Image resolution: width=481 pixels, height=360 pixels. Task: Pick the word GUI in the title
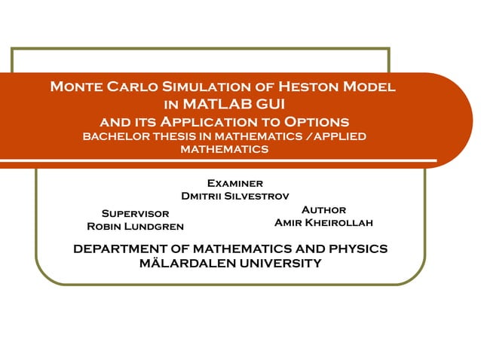click(x=269, y=104)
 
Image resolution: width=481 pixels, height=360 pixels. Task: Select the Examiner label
click(x=234, y=183)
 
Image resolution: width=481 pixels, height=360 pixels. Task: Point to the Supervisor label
click(x=135, y=214)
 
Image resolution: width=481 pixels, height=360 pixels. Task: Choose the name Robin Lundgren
click(x=135, y=227)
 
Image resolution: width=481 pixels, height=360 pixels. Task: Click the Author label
click(x=323, y=210)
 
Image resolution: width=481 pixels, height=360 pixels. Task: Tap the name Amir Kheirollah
click(x=323, y=223)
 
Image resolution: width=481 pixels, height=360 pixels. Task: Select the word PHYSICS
click(x=354, y=249)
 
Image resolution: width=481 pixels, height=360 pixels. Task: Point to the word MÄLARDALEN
click(x=189, y=264)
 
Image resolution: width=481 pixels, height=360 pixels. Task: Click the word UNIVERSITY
click(x=281, y=264)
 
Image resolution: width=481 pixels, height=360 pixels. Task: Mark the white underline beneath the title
click(x=226, y=160)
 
